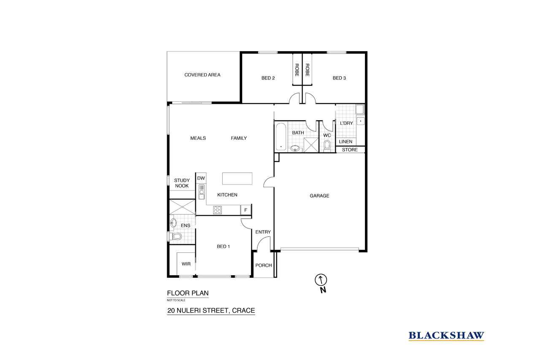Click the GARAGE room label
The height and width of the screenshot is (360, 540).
pos(319,196)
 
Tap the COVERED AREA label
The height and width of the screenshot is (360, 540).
pos(202,75)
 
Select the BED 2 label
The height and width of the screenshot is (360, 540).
pos(268,78)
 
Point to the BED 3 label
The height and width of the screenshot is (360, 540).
pos(339,78)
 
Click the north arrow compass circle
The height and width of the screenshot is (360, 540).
pos(321,280)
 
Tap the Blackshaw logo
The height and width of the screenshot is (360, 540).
pos(446,336)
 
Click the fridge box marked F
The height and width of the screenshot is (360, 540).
pos(246,210)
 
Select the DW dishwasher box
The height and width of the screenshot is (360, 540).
pos(201,178)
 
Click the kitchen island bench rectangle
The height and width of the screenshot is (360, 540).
pos(237,179)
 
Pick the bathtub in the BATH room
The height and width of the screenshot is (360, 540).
pos(281,137)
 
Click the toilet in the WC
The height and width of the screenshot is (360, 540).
pos(327,146)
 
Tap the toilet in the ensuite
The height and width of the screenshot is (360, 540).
pos(175,236)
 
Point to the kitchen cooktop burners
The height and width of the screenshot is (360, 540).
pos(217,210)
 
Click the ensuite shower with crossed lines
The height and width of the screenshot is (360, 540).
pos(182,207)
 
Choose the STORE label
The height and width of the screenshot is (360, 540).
pos(350,150)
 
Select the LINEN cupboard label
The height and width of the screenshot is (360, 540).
pos(346,142)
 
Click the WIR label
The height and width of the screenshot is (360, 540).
pos(186,264)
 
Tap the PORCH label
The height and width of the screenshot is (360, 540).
pos(264,265)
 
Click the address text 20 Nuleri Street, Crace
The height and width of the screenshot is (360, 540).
pos(211,311)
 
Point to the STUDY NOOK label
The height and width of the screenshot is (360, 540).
pos(182,183)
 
